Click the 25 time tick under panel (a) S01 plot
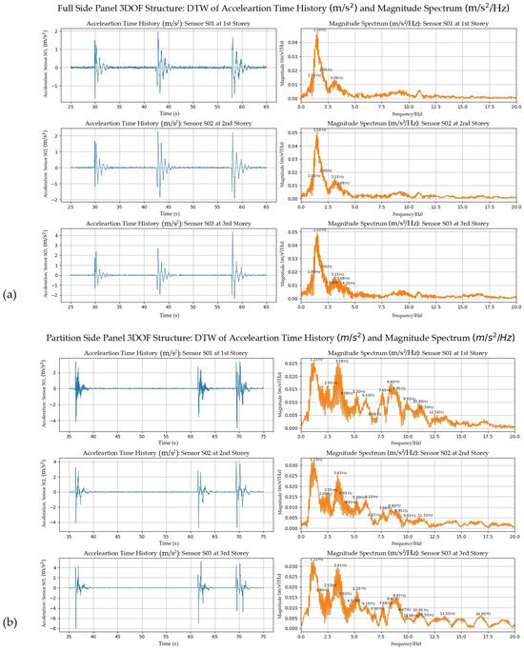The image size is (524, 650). point(44,102)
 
